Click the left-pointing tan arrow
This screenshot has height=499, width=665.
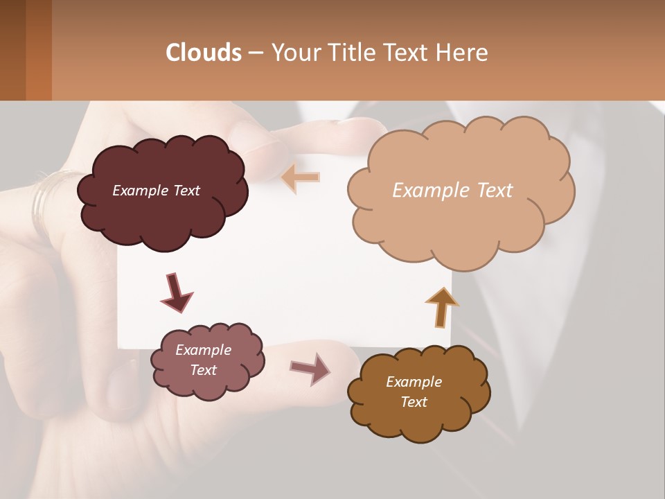pyautogui.click(x=301, y=177)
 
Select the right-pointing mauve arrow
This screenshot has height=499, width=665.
pyautogui.click(x=310, y=368)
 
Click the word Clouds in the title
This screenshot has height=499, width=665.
pyautogui.click(x=204, y=53)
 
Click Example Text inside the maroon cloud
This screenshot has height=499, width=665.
pyautogui.click(x=156, y=191)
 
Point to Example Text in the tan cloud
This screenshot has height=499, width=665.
pyautogui.click(x=452, y=191)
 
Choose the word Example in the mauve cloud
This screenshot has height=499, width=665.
pyautogui.click(x=203, y=350)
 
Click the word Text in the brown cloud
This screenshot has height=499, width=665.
pyautogui.click(x=414, y=402)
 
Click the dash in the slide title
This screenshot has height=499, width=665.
pyautogui.click(x=255, y=53)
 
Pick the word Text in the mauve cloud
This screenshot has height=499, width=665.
pyautogui.click(x=203, y=370)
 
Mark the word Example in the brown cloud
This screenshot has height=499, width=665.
pyautogui.click(x=414, y=382)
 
